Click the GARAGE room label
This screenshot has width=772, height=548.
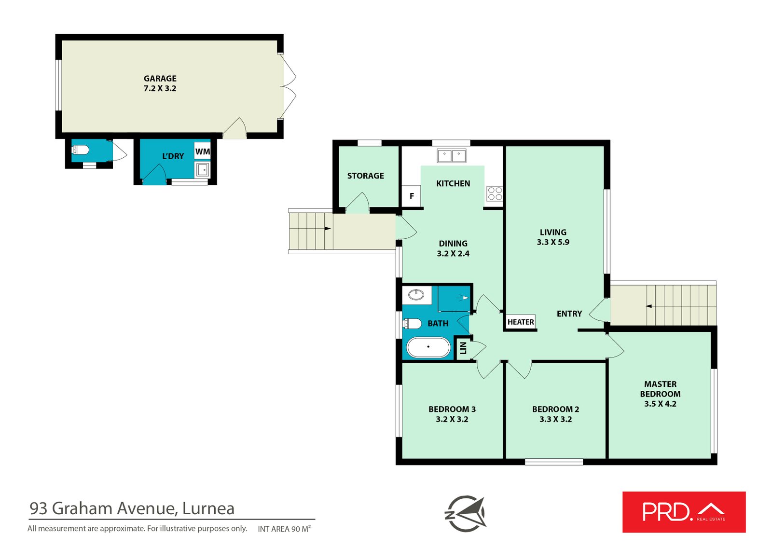click(x=160, y=79)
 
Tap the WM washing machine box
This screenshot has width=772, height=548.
click(x=202, y=151)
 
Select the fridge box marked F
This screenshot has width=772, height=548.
click(x=412, y=196)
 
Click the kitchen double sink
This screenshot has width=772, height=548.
click(x=452, y=156)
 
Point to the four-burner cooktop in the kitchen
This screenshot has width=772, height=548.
click(x=495, y=193)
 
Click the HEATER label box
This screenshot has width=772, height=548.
click(x=521, y=322)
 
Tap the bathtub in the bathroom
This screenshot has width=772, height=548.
click(x=428, y=347)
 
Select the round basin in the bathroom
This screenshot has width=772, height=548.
click(x=416, y=295)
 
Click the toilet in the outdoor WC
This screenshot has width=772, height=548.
click(x=80, y=150)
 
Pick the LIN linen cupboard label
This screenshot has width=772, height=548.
click(x=463, y=348)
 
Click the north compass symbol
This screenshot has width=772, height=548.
click(x=466, y=514)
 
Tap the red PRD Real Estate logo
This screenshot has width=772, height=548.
click(x=684, y=512)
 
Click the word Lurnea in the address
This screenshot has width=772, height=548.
click(x=208, y=509)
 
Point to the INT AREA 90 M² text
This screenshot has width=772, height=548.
click(x=284, y=529)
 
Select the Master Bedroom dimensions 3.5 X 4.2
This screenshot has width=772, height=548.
click(x=661, y=404)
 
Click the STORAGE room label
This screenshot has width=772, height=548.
click(x=365, y=176)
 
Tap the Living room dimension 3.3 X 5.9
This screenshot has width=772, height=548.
click(x=553, y=242)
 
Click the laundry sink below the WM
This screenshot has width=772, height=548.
click(x=202, y=170)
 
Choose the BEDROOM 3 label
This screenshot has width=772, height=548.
click(x=452, y=409)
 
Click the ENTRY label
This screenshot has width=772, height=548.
click(x=569, y=314)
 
